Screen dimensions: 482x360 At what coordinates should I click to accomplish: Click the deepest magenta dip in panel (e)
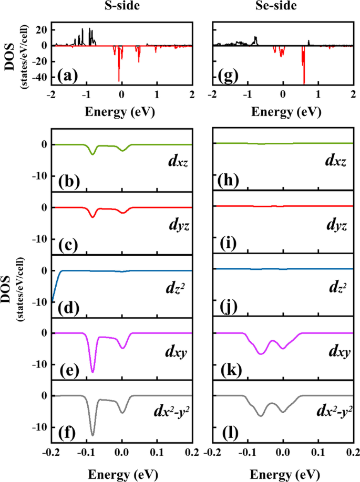[93, 371]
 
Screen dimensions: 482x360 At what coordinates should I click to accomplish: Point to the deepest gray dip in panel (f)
[93, 434]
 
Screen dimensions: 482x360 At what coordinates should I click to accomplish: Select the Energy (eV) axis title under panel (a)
[121, 112]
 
